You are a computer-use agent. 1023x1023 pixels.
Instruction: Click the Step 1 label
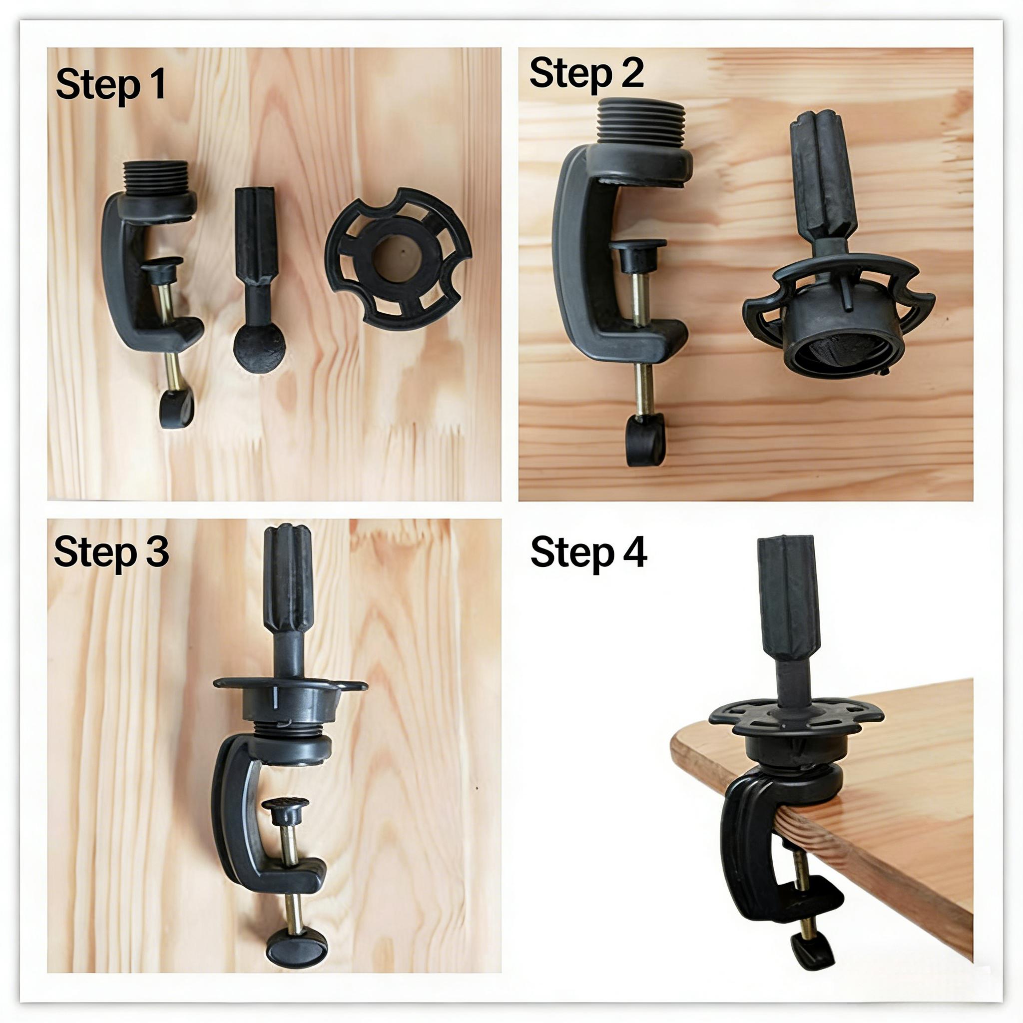click(x=110, y=85)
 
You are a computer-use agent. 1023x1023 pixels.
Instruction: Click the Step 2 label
click(x=585, y=73)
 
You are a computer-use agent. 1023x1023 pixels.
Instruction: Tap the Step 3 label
click(x=111, y=552)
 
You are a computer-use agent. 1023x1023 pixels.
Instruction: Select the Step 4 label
click(x=588, y=552)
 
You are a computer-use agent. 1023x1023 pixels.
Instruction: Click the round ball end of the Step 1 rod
click(x=259, y=348)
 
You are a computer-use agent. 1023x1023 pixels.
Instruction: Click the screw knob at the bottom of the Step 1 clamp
click(x=176, y=409)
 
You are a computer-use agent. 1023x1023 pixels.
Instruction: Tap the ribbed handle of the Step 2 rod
click(x=822, y=175)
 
